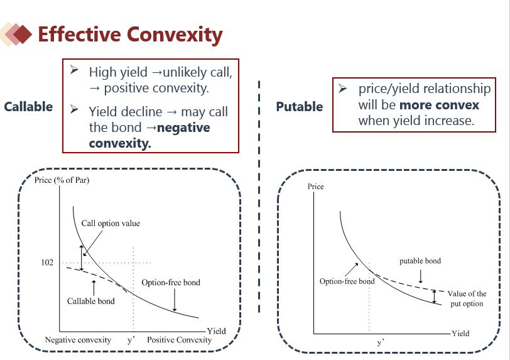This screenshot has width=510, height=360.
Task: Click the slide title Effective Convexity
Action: [x=130, y=35]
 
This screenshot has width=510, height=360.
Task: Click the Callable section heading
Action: [x=28, y=107]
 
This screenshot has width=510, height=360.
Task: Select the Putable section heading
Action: [x=299, y=107]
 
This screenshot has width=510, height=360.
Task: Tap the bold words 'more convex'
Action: [x=439, y=105]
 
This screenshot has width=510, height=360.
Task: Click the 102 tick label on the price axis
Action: [x=47, y=263]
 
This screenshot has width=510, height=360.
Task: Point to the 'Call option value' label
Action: [x=111, y=223]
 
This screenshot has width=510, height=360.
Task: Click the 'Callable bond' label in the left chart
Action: [x=90, y=301]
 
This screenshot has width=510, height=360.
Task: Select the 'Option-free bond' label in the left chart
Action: [x=171, y=283]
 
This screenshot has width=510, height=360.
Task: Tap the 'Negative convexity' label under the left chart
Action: [x=78, y=340]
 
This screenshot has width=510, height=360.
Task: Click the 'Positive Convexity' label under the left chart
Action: [x=179, y=340]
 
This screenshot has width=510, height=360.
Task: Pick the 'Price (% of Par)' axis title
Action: [x=62, y=180]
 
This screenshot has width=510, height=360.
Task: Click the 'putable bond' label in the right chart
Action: [x=420, y=261]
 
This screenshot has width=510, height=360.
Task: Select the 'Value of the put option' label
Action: [x=467, y=298]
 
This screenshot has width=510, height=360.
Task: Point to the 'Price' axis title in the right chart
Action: [x=315, y=187]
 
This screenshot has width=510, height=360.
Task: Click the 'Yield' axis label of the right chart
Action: [x=460, y=334]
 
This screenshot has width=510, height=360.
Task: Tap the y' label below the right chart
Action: [x=381, y=342]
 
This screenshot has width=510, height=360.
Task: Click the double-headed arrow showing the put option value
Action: [x=434, y=297]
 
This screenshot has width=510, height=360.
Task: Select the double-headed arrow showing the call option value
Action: [x=82, y=258]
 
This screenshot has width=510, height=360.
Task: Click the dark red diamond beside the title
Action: [x=23, y=34]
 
